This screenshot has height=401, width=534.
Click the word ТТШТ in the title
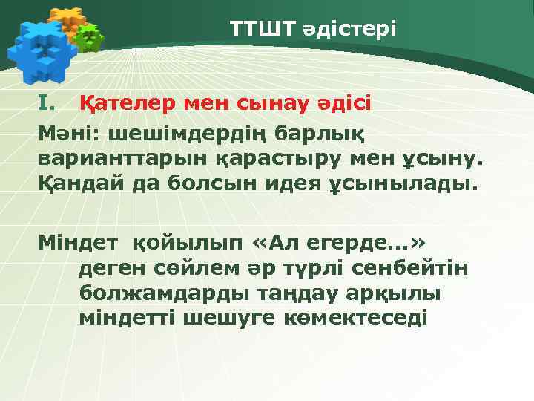262,30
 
